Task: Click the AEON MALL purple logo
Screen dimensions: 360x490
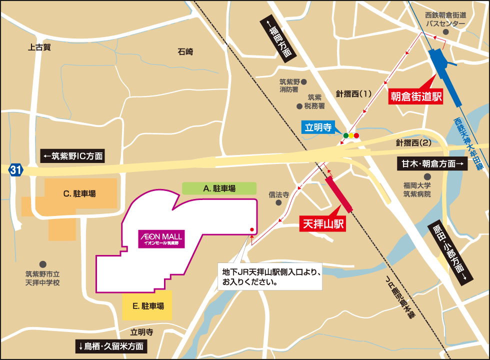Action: (x=161, y=239)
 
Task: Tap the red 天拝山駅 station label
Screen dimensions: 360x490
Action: (x=323, y=223)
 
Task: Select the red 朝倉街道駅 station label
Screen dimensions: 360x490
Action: (x=416, y=96)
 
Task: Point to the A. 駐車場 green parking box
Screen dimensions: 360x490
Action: (x=219, y=188)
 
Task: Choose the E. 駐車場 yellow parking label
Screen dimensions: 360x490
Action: (x=148, y=306)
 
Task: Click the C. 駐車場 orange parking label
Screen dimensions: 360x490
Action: (x=79, y=193)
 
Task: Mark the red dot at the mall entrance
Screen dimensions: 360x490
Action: (x=251, y=230)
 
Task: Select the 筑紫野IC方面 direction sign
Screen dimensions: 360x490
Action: (x=73, y=156)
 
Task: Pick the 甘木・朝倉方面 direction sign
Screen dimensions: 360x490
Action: (x=432, y=163)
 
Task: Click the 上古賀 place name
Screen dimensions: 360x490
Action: (x=39, y=47)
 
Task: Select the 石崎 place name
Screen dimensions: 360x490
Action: (x=185, y=51)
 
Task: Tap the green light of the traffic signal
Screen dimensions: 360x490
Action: (x=345, y=135)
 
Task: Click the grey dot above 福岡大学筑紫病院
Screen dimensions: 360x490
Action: (x=426, y=176)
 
